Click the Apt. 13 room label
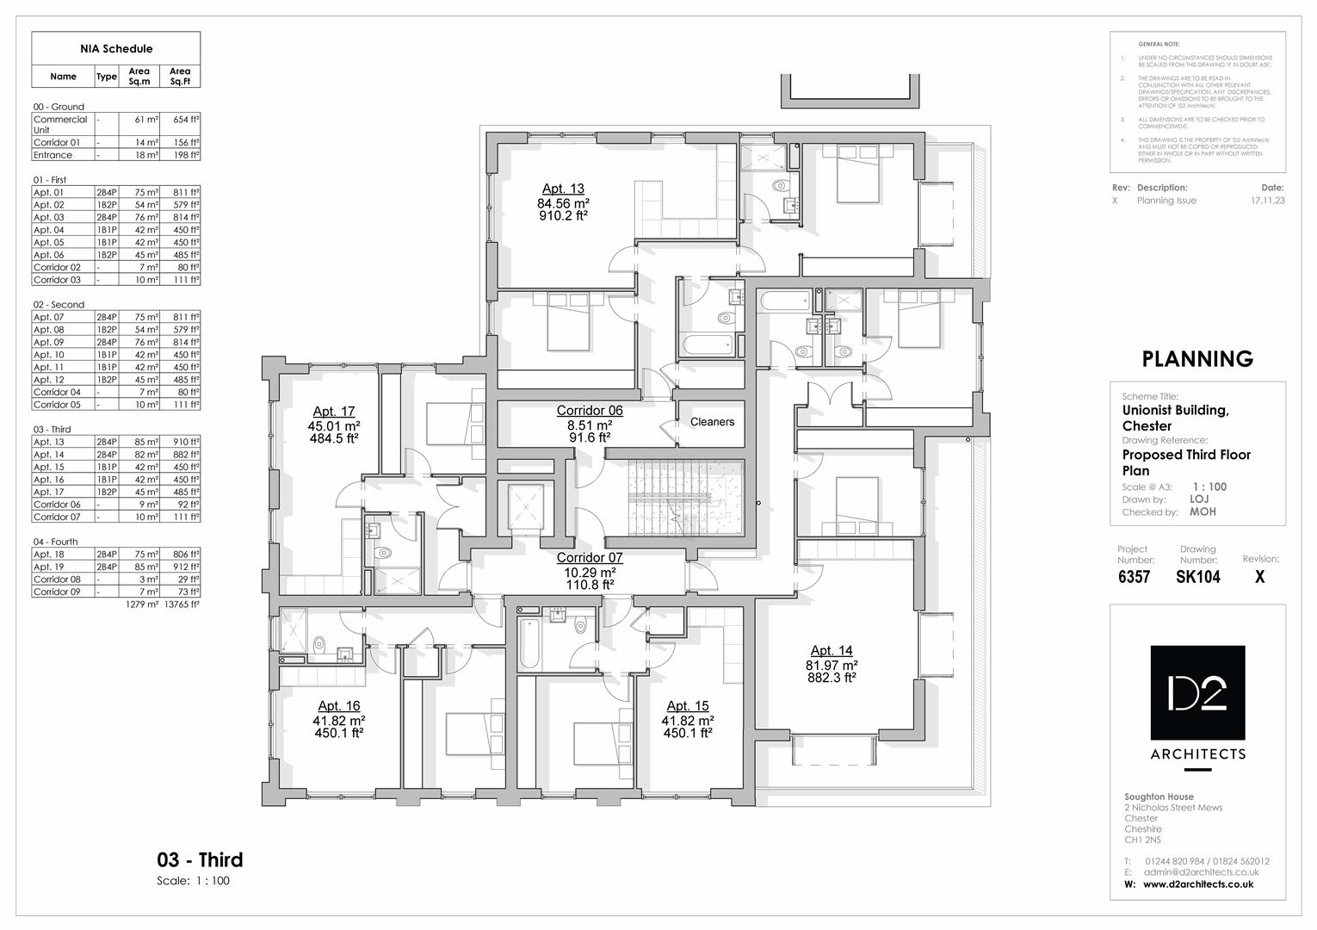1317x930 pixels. (x=563, y=189)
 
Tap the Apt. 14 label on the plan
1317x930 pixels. (x=832, y=651)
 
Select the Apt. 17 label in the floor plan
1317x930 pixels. (x=334, y=412)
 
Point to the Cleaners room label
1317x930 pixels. (x=712, y=422)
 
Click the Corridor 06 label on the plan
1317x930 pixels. (x=590, y=411)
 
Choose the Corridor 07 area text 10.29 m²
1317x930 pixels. (x=590, y=572)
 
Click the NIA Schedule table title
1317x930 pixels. (x=116, y=49)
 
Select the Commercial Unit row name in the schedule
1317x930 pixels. (x=60, y=125)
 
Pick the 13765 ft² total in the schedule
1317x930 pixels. (x=182, y=604)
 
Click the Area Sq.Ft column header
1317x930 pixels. (x=180, y=77)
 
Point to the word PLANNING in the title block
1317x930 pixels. (x=1196, y=359)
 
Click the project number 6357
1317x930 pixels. (x=1134, y=578)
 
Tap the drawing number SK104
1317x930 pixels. (x=1197, y=578)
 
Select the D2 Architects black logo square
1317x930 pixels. (x=1197, y=692)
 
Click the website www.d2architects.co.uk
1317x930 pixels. (x=1197, y=884)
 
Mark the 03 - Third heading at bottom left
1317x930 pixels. (x=200, y=859)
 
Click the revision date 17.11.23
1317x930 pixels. (x=1267, y=201)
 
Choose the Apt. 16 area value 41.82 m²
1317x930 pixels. (x=339, y=720)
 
